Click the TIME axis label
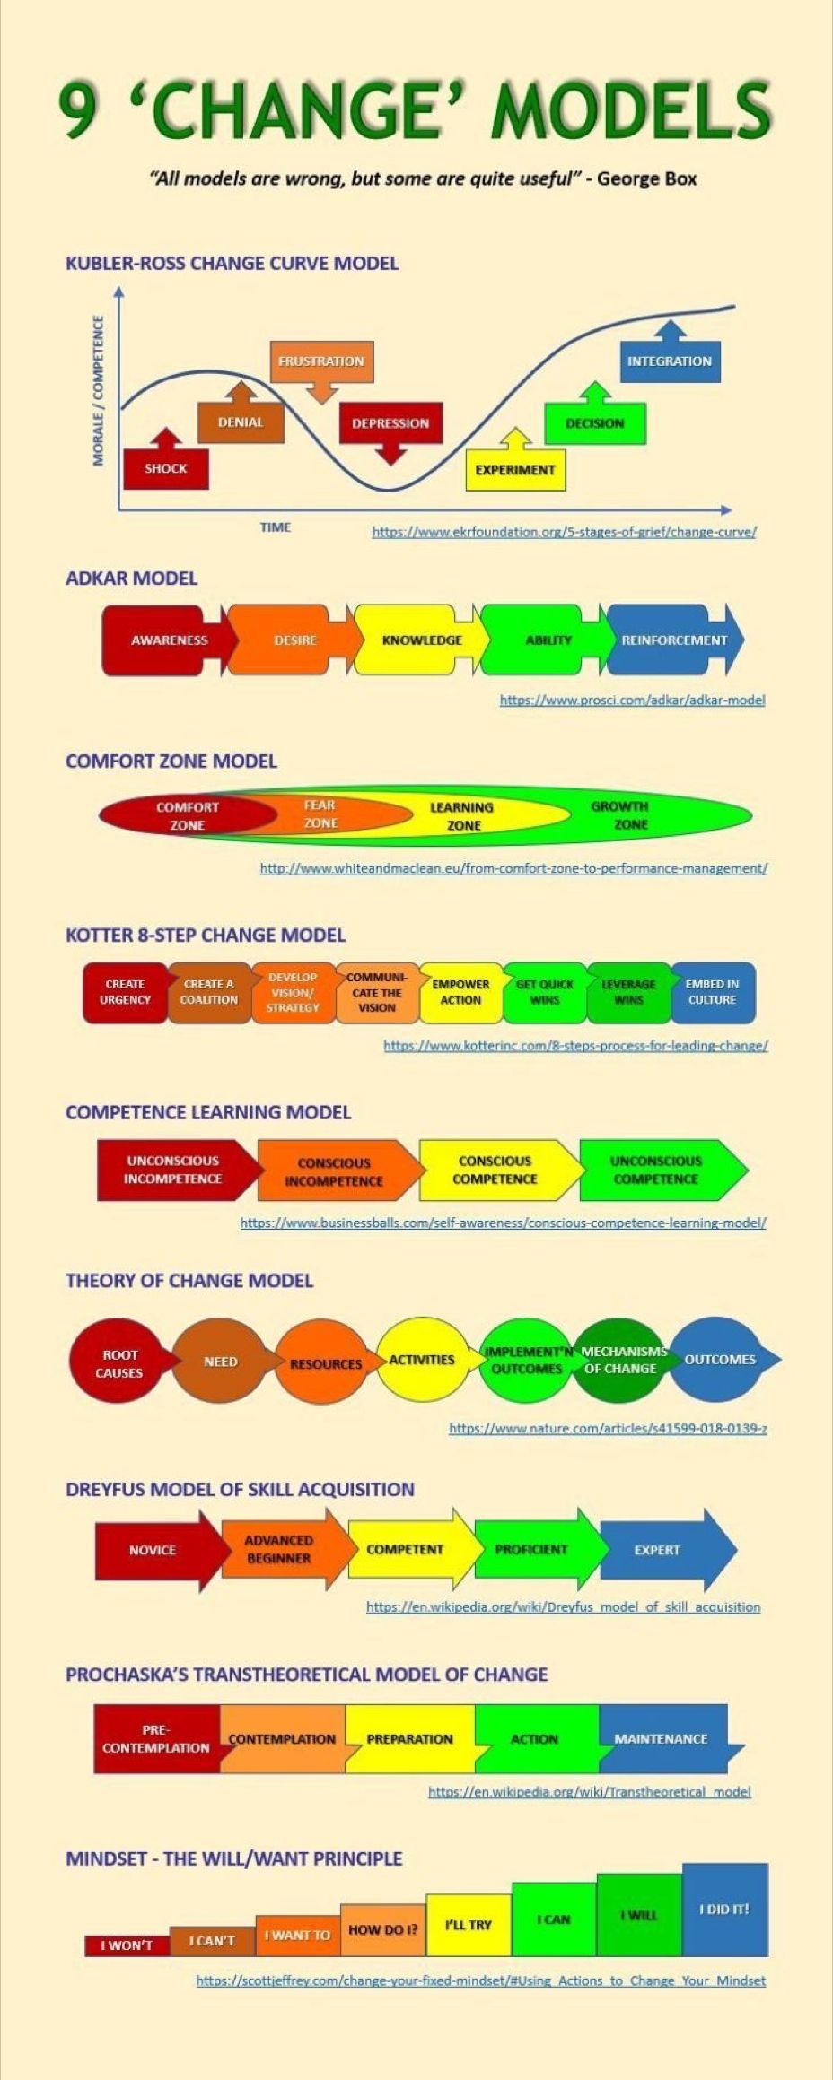[276, 527]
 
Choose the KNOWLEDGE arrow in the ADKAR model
[422, 640]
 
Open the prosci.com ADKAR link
[633, 700]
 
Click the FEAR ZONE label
[320, 814]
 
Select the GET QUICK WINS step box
[545, 992]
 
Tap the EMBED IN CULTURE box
[713, 992]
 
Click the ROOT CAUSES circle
[118, 1363]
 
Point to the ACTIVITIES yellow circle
[422, 1360]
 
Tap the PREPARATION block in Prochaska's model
[410, 1738]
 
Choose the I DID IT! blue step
[725, 1909]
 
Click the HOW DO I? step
[383, 1929]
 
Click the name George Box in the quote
[647, 178]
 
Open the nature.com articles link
[608, 1428]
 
